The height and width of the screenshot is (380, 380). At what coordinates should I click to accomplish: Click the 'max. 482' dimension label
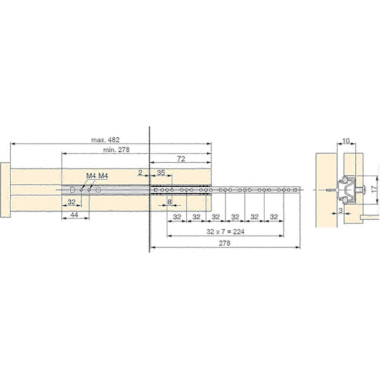click(x=105, y=140)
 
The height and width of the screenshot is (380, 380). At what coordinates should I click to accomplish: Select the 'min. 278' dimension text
click(x=117, y=149)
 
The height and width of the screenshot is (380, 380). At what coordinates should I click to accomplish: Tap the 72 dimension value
click(x=181, y=159)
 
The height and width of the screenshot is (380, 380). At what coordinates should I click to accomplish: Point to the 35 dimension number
click(x=161, y=172)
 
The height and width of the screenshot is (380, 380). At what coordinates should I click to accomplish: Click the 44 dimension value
click(x=74, y=215)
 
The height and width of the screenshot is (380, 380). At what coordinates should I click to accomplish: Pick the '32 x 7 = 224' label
click(x=225, y=232)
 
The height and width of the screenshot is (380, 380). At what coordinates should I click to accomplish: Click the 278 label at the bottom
click(x=224, y=243)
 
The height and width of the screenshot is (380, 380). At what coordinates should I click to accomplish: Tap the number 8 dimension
click(x=169, y=201)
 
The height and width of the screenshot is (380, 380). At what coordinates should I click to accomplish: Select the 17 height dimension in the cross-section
click(x=374, y=189)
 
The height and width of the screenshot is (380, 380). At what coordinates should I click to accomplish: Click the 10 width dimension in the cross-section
click(x=346, y=141)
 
